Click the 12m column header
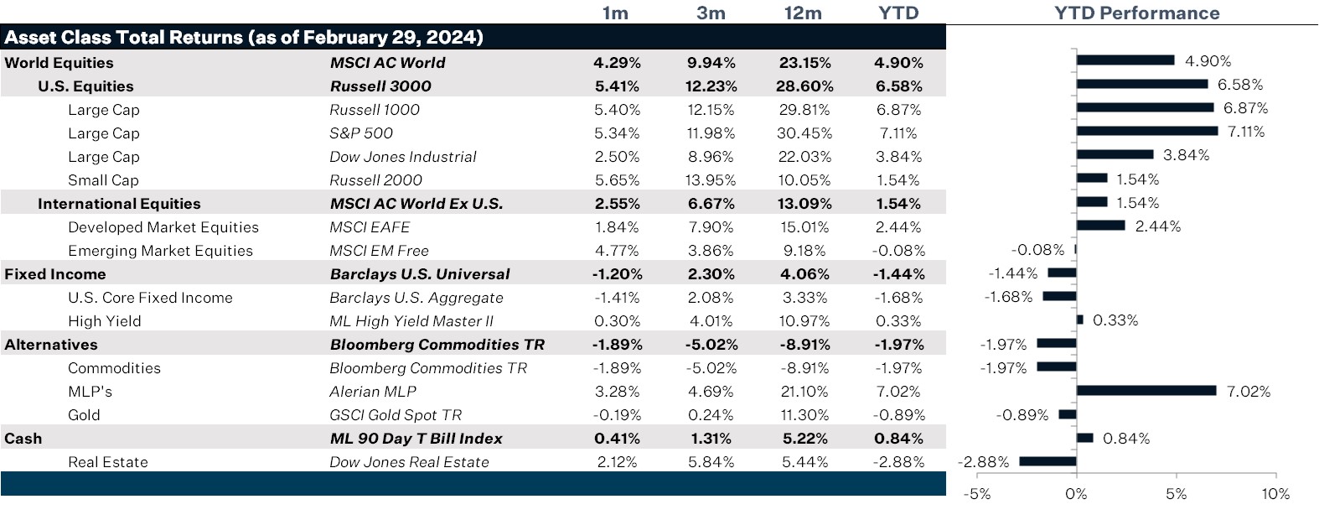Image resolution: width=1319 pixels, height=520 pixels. point(803,13)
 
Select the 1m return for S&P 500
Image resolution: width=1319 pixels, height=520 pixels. point(617,133)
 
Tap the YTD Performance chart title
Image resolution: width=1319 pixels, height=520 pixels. point(1136,13)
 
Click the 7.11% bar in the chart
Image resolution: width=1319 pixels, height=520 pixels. point(1146,131)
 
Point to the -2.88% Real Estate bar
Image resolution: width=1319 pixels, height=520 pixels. point(1047,461)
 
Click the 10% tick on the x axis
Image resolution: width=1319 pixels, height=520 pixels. point(1275,494)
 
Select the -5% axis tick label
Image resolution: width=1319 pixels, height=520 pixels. point(977,494)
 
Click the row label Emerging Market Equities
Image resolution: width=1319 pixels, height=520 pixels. point(160,251)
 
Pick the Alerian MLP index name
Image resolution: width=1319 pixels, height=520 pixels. point(373,392)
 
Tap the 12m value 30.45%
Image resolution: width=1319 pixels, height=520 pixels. point(804,133)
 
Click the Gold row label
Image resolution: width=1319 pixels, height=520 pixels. point(84,415)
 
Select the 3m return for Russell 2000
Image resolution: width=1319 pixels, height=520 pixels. point(711,180)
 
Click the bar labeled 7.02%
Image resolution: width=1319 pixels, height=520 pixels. point(1146,390)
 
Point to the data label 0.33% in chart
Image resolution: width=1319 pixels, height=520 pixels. point(1115,320)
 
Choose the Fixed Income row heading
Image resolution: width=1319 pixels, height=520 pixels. point(55,274)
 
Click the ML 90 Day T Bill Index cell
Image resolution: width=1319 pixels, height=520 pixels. point(416,439)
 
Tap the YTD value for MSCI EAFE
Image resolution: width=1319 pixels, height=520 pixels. point(898,227)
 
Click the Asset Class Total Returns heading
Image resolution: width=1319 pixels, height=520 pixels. point(244,38)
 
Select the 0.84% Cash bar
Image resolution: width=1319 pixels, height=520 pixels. point(1084,438)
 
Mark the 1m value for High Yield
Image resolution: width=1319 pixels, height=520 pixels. point(617,321)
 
